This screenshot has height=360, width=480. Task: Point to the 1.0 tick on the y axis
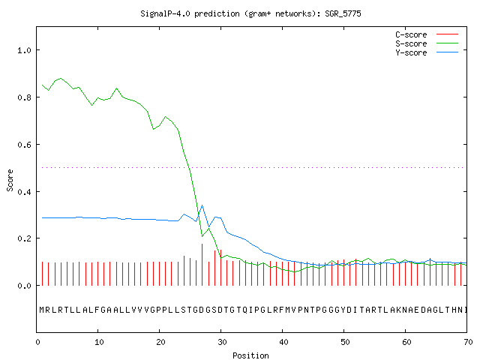click(x=25, y=50)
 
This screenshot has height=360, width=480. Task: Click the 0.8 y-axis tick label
click(x=25, y=97)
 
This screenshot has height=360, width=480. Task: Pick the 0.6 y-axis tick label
click(x=25, y=145)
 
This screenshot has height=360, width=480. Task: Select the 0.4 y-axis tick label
click(x=25, y=192)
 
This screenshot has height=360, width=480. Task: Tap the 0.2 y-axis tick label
click(x=25, y=238)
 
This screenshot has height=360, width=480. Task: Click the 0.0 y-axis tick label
click(x=25, y=286)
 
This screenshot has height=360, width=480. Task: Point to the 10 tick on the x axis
click(x=99, y=342)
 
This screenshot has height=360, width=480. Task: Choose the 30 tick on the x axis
click(x=222, y=342)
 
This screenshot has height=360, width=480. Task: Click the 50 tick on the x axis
click(x=345, y=342)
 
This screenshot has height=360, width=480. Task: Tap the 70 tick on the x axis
click(x=468, y=342)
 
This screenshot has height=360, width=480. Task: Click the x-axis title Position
click(x=250, y=355)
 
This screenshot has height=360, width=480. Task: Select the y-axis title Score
click(x=10, y=180)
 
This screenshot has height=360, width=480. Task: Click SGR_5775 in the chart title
click(x=343, y=13)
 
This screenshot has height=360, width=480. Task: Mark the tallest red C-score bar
click(x=202, y=265)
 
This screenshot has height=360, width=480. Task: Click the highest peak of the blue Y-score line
click(x=202, y=205)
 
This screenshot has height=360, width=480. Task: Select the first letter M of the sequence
click(x=42, y=310)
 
